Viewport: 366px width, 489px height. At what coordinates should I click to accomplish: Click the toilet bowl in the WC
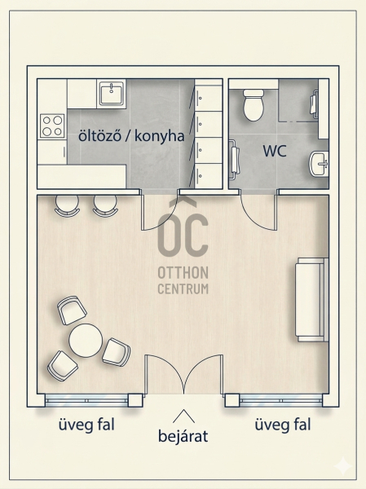(x=253, y=105)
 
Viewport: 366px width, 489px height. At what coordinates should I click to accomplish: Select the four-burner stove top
(x=52, y=126)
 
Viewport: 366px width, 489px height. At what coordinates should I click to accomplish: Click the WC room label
(x=275, y=151)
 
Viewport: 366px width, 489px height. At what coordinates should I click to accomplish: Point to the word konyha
(x=160, y=136)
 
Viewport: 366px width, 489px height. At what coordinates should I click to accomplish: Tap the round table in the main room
(x=86, y=340)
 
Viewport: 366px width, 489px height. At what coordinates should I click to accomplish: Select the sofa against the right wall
(x=311, y=300)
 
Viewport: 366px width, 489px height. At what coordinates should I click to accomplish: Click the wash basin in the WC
(x=319, y=164)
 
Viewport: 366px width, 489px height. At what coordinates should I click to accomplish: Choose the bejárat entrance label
(x=183, y=436)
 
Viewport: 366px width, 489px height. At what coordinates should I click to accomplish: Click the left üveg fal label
(x=86, y=425)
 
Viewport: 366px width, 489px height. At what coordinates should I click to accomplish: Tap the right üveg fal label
(x=283, y=425)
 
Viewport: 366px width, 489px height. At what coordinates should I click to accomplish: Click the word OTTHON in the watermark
(x=183, y=273)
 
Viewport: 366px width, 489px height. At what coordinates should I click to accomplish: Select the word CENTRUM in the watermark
(x=183, y=289)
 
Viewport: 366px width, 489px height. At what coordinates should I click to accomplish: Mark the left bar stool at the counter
(x=67, y=205)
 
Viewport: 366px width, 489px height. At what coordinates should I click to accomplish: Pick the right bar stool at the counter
(x=105, y=205)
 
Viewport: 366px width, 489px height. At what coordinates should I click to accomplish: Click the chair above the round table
(x=72, y=310)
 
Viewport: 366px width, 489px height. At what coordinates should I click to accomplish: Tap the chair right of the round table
(x=116, y=352)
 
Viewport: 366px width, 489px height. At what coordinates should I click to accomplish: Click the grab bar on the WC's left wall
(x=234, y=161)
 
